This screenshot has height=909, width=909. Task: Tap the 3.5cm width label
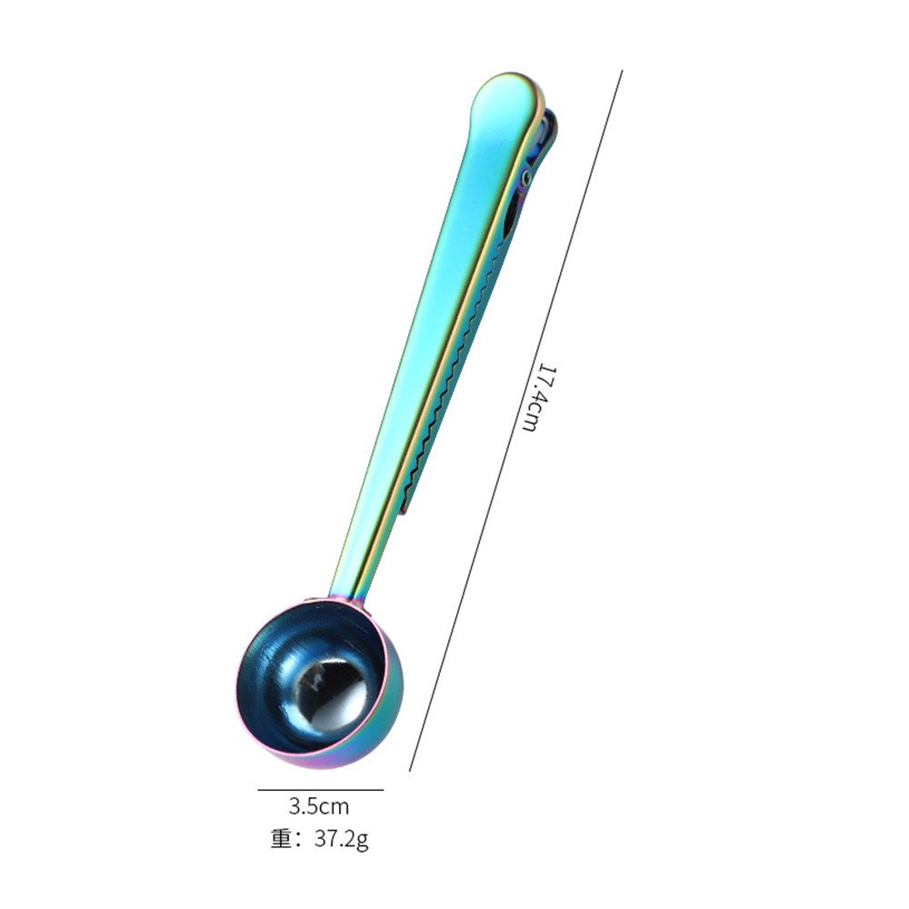319,806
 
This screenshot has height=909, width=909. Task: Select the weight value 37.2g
342,839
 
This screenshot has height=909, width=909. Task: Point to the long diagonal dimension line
516,421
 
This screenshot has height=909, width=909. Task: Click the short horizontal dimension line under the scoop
321,790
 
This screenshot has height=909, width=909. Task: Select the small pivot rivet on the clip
526,176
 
